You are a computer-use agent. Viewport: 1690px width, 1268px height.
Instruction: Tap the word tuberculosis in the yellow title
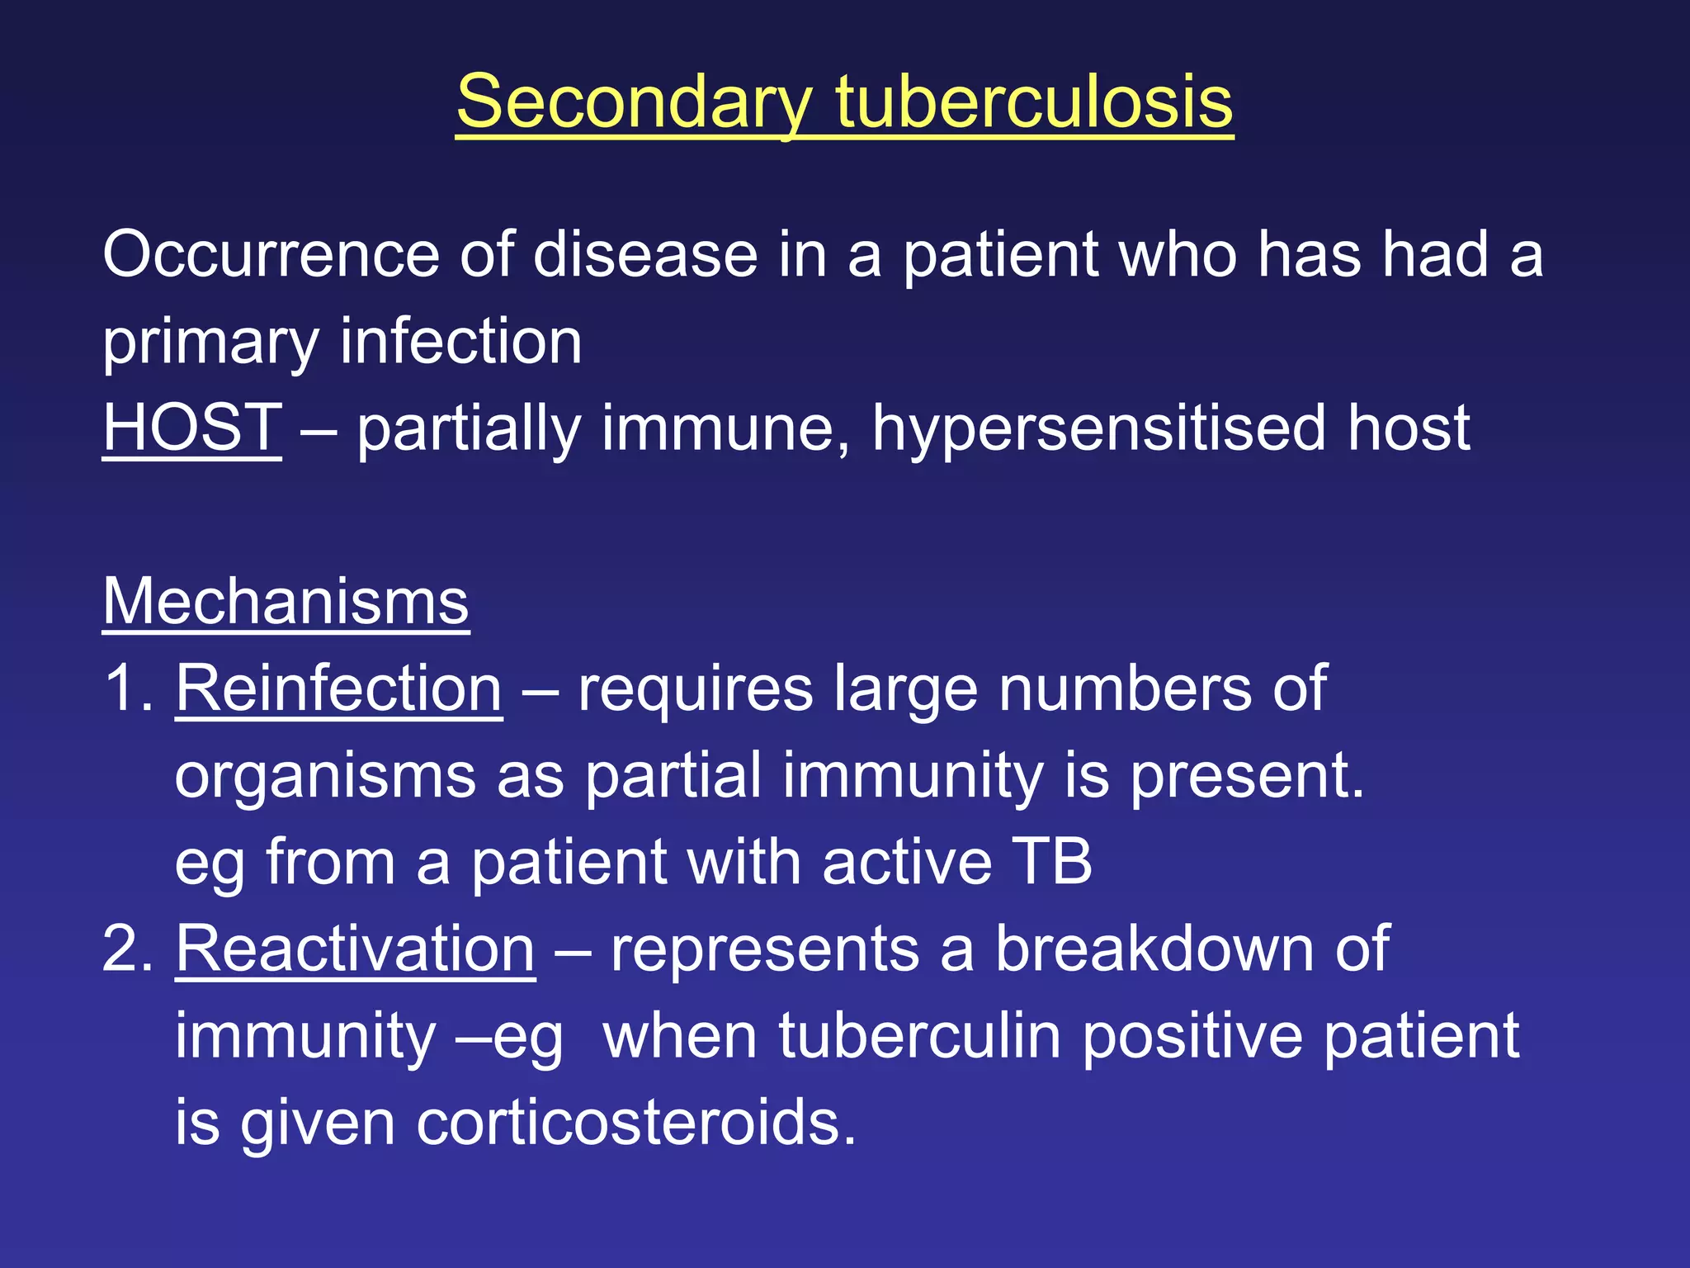(x=1034, y=102)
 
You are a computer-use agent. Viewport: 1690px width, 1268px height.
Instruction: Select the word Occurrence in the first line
(x=271, y=254)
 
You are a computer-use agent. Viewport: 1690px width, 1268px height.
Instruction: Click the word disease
(x=645, y=254)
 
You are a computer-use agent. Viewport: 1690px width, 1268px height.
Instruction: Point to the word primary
(x=210, y=343)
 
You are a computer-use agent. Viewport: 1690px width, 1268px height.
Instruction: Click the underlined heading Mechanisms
(x=286, y=602)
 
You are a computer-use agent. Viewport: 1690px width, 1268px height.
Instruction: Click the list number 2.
(x=125, y=949)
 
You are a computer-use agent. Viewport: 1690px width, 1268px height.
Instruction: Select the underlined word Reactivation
(x=355, y=949)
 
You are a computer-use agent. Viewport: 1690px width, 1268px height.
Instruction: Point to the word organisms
(x=325, y=777)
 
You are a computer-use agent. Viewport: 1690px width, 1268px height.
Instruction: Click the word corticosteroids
(x=635, y=1123)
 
